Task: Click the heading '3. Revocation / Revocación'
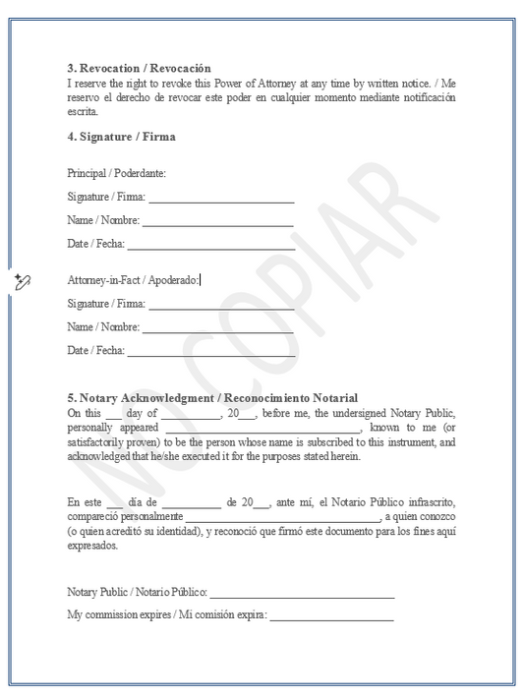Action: tap(139, 68)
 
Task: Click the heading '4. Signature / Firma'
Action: tap(121, 137)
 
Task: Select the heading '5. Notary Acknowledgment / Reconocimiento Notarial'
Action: tap(212, 397)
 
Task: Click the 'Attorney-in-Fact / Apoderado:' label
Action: tap(133, 280)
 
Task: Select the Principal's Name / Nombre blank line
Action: tap(218, 221)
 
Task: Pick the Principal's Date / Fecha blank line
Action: tap(211, 244)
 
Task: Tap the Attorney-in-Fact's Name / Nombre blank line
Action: tap(218, 327)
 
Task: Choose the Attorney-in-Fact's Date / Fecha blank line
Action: tap(211, 350)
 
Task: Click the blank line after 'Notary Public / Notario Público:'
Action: tap(302, 595)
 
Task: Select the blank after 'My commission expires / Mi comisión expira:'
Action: tap(331, 616)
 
